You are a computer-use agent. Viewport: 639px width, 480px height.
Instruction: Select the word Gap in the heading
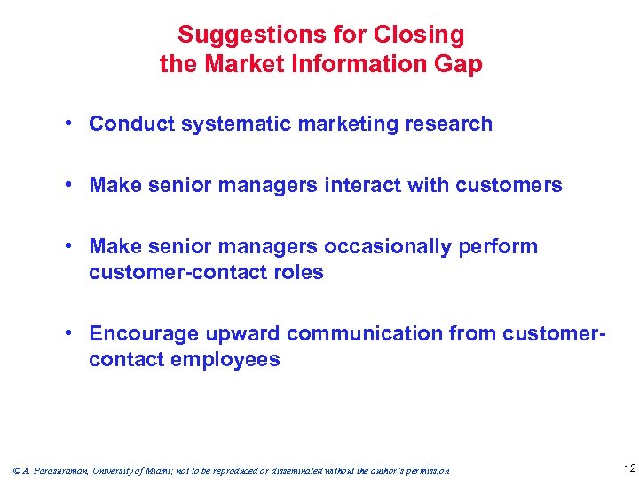[460, 64]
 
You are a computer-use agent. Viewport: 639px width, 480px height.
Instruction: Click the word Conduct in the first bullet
[131, 124]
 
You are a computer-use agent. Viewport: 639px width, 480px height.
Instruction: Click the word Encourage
[145, 333]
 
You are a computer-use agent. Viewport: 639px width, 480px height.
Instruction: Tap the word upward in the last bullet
[243, 333]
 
